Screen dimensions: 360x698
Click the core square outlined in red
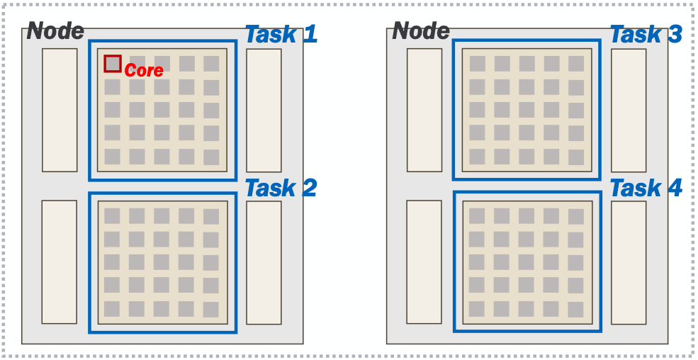(113, 64)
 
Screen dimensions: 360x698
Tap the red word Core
(144, 71)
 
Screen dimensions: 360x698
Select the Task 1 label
(281, 34)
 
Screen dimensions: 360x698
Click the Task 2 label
(281, 189)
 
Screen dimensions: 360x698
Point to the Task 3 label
(646, 34)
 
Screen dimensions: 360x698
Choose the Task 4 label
(646, 189)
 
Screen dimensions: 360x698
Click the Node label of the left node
(55, 31)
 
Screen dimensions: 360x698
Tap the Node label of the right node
(421, 31)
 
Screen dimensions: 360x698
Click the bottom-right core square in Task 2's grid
(211, 310)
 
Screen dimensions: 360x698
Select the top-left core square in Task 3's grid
(478, 64)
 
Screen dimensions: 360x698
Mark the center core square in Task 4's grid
(527, 263)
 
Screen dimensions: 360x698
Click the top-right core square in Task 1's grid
(211, 64)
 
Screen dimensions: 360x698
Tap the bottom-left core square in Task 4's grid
(478, 309)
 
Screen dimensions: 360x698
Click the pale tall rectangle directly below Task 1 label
(264, 110)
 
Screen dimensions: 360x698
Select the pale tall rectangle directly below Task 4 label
(629, 263)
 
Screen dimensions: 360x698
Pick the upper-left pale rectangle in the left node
(60, 110)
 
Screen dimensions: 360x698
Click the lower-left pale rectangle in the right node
(424, 263)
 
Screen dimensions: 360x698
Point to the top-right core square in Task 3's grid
(576, 64)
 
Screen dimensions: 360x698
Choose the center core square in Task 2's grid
(162, 263)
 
